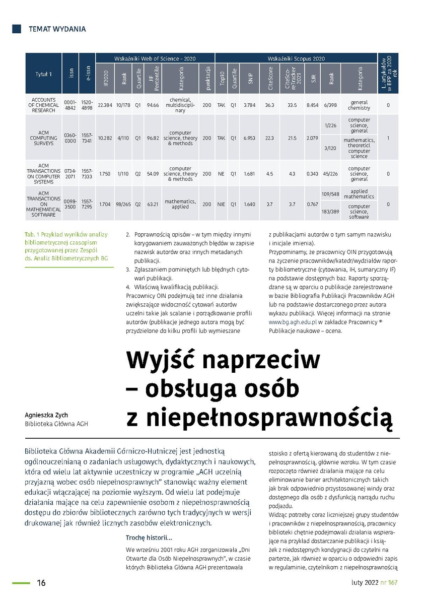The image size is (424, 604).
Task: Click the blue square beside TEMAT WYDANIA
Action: point(16,29)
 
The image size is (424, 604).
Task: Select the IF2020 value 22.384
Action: point(105,105)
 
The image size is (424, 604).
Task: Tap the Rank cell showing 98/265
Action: point(122,205)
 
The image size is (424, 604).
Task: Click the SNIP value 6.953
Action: point(249,138)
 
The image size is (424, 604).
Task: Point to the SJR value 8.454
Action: point(312,105)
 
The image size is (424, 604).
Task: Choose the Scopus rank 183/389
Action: point(330,212)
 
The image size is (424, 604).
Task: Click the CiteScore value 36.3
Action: point(269,105)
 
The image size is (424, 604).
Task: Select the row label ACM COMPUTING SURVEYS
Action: point(44,138)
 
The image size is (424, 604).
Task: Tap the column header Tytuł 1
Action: point(44,74)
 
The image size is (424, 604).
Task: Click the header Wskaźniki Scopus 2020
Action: point(296,58)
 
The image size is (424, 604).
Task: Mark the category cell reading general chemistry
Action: point(359,105)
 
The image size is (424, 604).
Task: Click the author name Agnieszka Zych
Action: point(46,415)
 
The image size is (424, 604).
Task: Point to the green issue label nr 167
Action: point(389,583)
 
